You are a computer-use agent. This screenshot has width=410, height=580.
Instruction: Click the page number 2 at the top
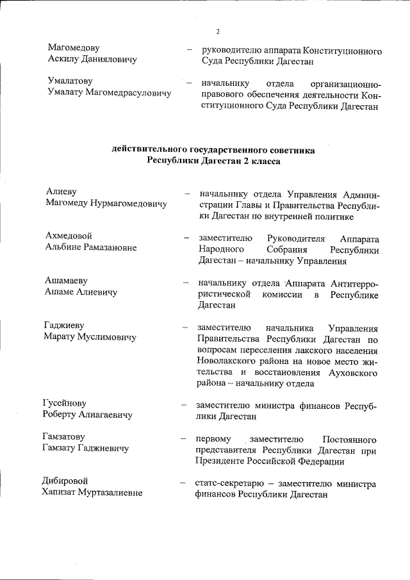(x=218, y=31)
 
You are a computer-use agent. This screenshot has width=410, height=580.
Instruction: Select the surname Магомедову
(x=74, y=48)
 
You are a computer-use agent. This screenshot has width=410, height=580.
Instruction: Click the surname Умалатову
(x=70, y=81)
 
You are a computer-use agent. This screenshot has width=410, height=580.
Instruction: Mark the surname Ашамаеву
(x=67, y=281)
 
